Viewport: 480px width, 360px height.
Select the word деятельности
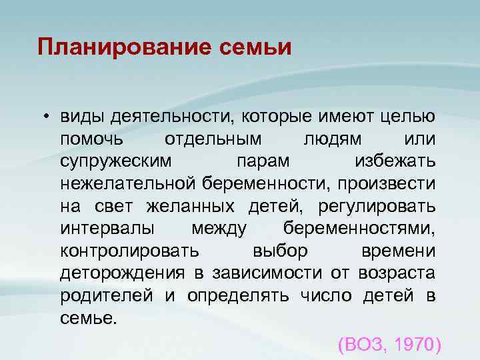[x=169, y=117]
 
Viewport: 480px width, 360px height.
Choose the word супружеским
[x=115, y=162]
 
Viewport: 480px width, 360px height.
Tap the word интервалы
[x=108, y=228]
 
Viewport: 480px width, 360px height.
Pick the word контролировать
[x=129, y=251]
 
